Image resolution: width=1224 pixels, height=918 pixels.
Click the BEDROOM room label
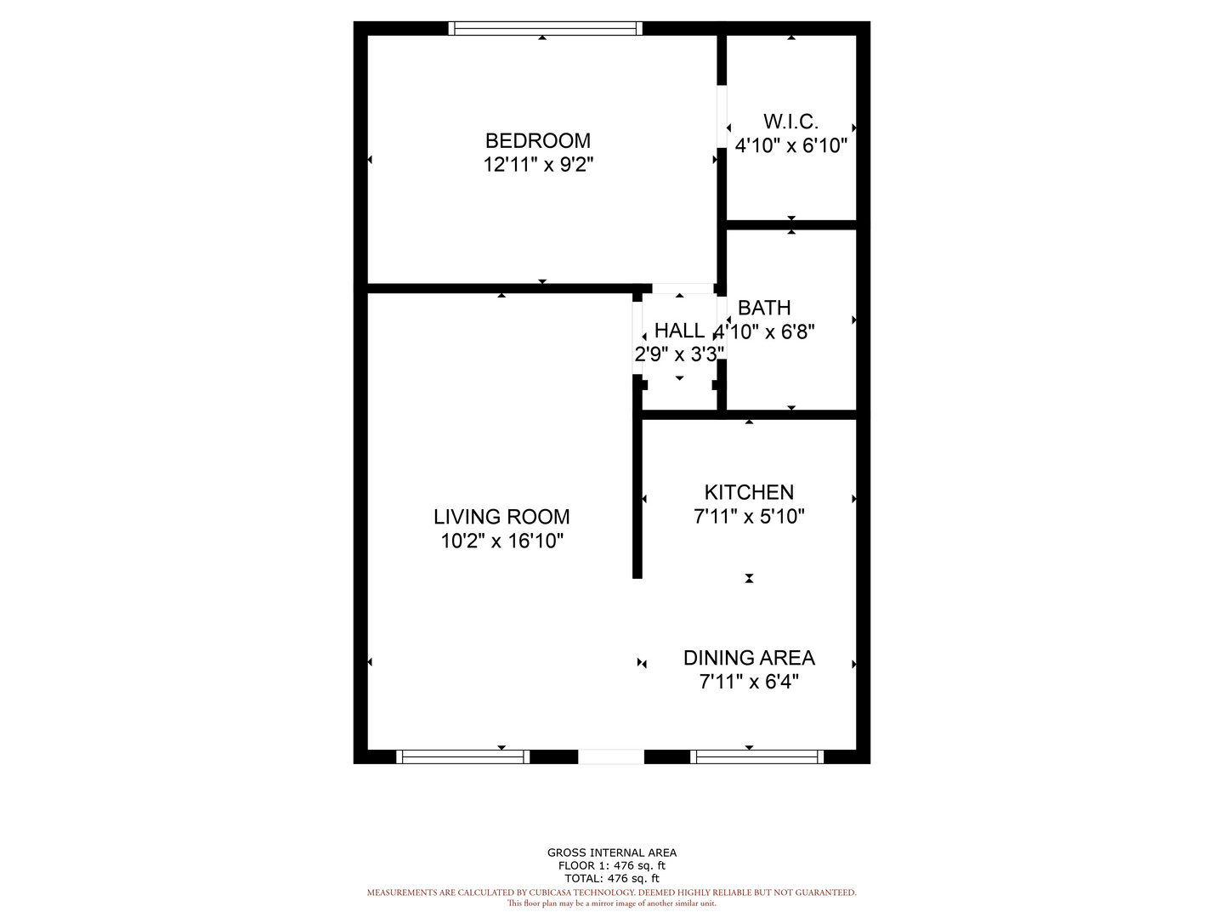click(537, 141)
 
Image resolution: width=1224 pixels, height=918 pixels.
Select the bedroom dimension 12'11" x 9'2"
click(538, 165)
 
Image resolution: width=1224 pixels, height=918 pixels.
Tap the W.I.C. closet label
click(790, 122)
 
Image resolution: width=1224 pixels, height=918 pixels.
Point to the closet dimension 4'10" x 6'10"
click(790, 145)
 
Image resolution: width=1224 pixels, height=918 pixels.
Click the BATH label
click(764, 308)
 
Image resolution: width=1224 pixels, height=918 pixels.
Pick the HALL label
click(678, 331)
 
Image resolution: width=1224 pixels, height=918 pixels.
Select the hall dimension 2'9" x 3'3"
click(679, 354)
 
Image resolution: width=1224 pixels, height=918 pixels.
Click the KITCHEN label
click(749, 492)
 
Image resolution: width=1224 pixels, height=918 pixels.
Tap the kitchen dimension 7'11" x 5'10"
click(749, 517)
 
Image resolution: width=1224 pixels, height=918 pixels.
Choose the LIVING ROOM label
click(501, 517)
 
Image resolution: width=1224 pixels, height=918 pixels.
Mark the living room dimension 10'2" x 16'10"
click(501, 541)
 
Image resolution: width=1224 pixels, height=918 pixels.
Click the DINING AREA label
click(749, 658)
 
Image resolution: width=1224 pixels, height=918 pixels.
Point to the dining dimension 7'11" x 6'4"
click(749, 682)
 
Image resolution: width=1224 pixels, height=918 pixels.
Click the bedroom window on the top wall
click(546, 28)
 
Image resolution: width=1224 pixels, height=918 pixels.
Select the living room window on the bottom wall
click(463, 756)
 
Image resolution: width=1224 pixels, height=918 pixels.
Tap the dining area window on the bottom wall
click(756, 756)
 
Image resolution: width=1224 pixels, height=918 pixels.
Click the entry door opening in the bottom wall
click(610, 756)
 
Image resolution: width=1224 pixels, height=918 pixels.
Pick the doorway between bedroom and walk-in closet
click(722, 116)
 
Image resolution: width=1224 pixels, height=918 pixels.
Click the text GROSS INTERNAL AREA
click(612, 853)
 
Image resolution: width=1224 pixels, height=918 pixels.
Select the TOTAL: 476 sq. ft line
click(612, 878)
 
